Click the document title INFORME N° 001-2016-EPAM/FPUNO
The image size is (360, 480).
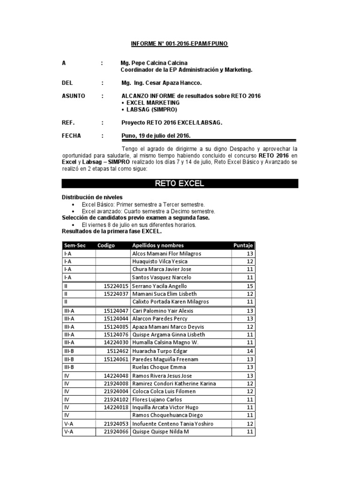[180, 43]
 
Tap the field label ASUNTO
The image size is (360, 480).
[74, 96]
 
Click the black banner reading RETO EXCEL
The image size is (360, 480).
[180, 183]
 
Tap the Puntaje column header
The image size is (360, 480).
[243, 246]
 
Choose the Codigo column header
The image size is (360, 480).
[106, 246]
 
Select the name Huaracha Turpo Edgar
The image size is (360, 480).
[159, 351]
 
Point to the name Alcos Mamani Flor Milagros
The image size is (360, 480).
[167, 254]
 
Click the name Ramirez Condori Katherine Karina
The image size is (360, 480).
[174, 383]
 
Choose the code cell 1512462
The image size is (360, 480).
[114, 351]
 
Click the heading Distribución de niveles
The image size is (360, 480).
[92, 197]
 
